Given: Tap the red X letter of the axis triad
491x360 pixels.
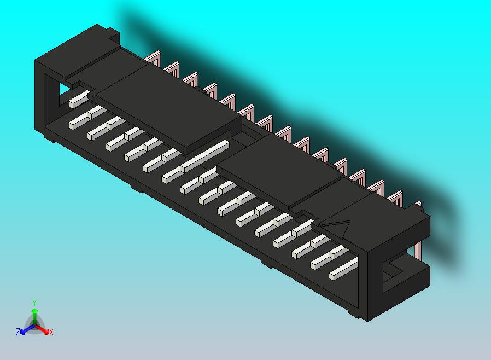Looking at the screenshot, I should [x=51, y=332].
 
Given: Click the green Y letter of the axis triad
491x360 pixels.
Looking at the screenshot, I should [x=34, y=303].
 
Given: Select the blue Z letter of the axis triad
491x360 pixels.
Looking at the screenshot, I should [x=17, y=332].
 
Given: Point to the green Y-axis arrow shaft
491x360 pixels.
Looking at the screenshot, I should [x=34, y=317].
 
